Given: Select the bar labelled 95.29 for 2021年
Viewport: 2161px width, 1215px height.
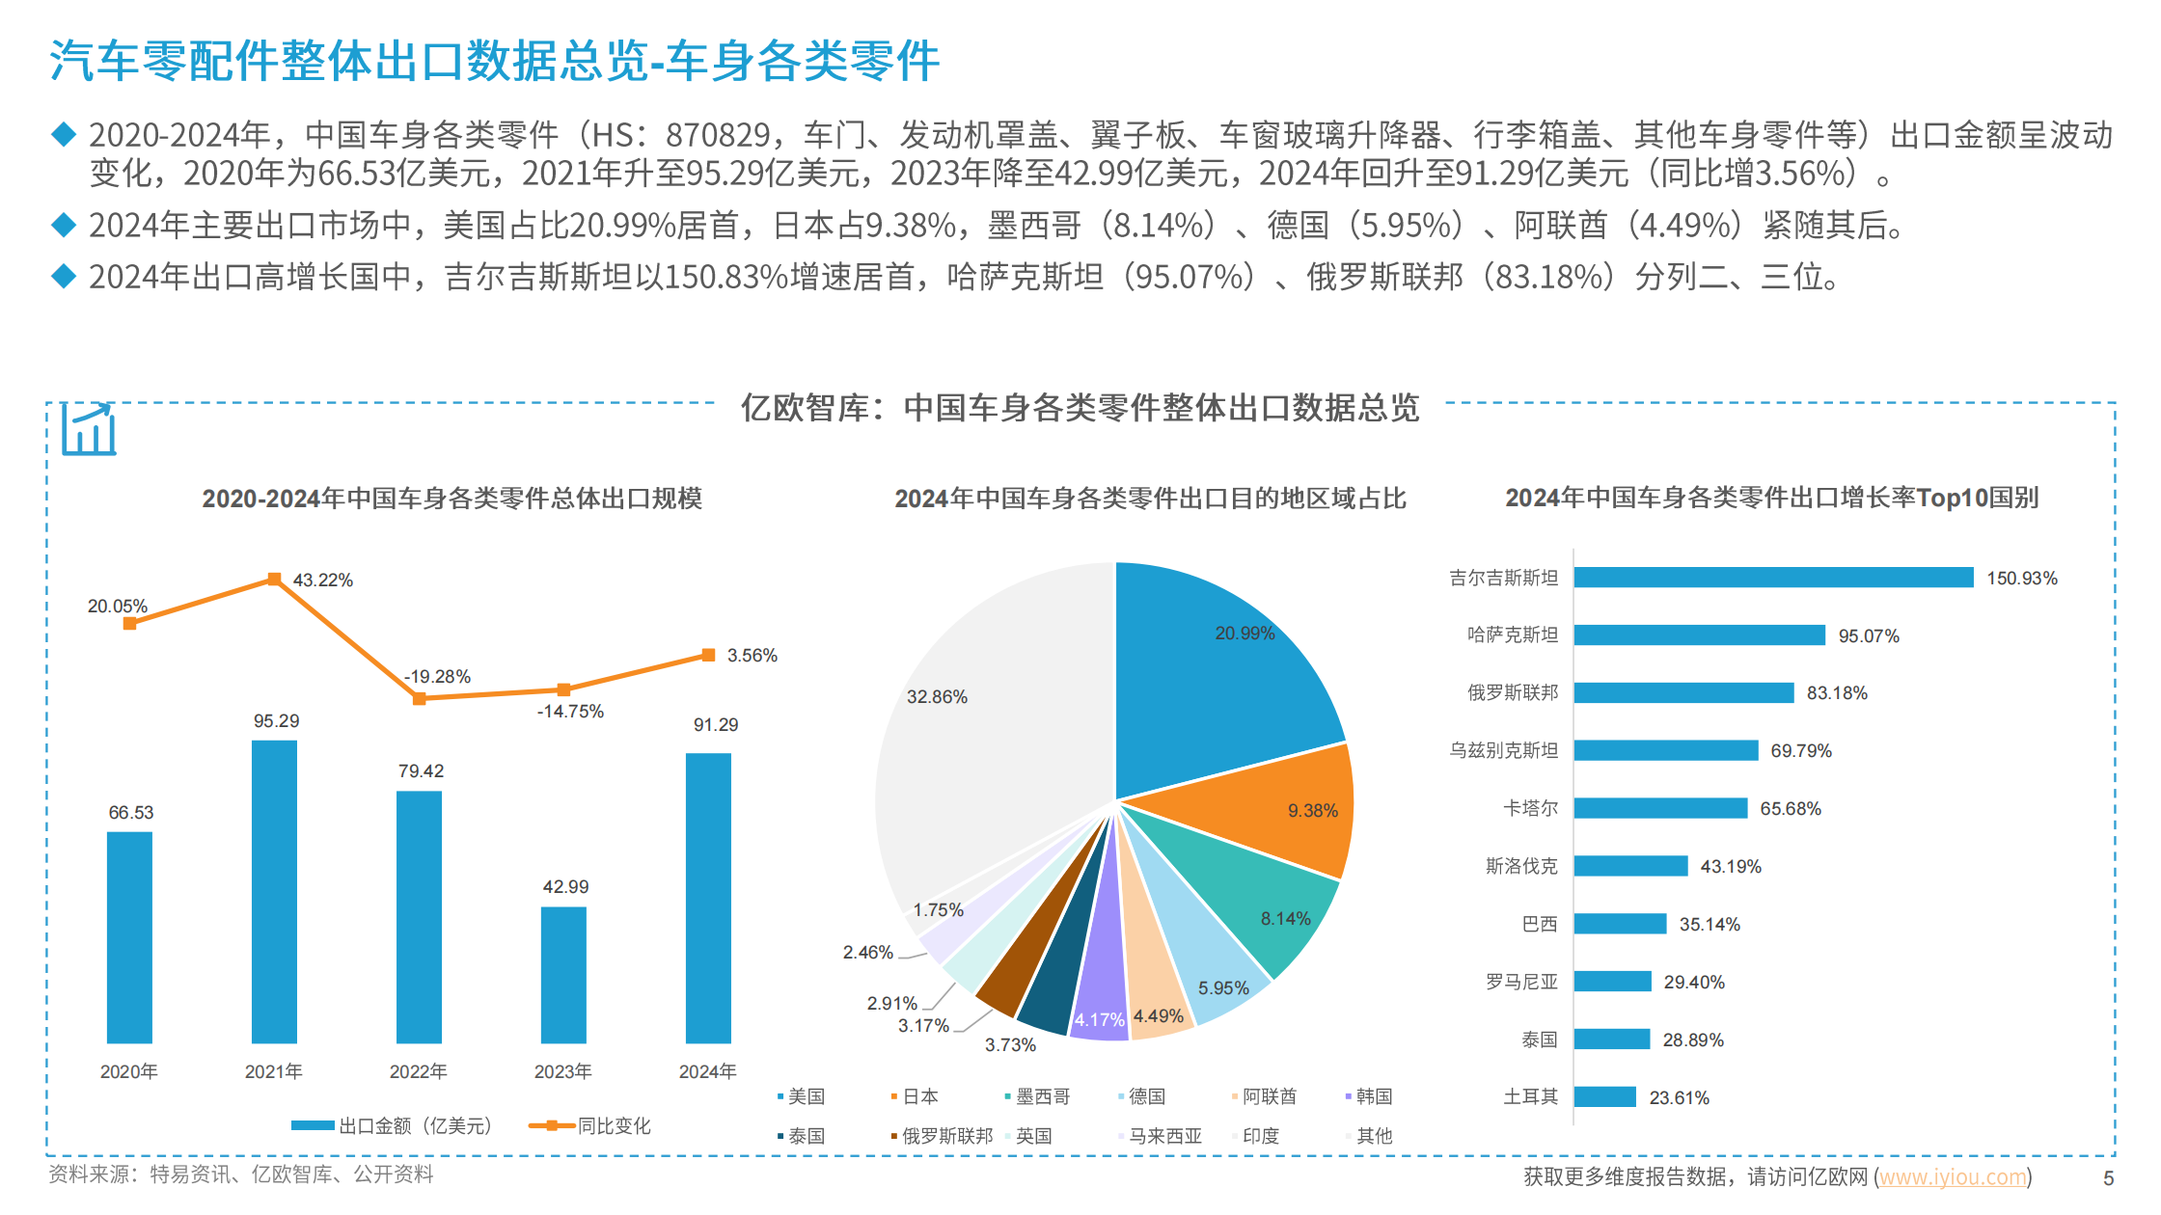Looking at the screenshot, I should (274, 892).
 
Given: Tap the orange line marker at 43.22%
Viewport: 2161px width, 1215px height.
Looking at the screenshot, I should (274, 580).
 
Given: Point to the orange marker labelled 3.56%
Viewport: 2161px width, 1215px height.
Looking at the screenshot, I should (708, 656).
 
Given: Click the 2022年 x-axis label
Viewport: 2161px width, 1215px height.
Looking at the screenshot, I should (418, 1071).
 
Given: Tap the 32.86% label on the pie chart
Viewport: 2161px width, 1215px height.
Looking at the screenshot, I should (937, 697).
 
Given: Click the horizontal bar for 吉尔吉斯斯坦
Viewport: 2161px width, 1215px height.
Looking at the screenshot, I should (1773, 578).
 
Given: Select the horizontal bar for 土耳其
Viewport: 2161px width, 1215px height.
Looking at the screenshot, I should (1604, 1097).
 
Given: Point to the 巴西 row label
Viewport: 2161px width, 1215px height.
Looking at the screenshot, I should (1539, 924).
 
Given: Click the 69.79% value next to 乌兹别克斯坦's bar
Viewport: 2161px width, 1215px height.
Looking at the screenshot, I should (1800, 751).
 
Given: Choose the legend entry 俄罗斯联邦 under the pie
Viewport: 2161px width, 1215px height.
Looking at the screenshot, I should (946, 1136).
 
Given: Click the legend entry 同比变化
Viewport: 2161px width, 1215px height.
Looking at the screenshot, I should (614, 1125).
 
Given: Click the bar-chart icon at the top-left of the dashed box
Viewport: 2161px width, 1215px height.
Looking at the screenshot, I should (89, 429).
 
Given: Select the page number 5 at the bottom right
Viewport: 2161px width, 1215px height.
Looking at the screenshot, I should (2108, 1178).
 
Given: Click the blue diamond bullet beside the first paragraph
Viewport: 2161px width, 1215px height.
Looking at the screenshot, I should (64, 135).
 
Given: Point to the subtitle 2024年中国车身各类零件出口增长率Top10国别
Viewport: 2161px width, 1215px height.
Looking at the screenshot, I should (1771, 498).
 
